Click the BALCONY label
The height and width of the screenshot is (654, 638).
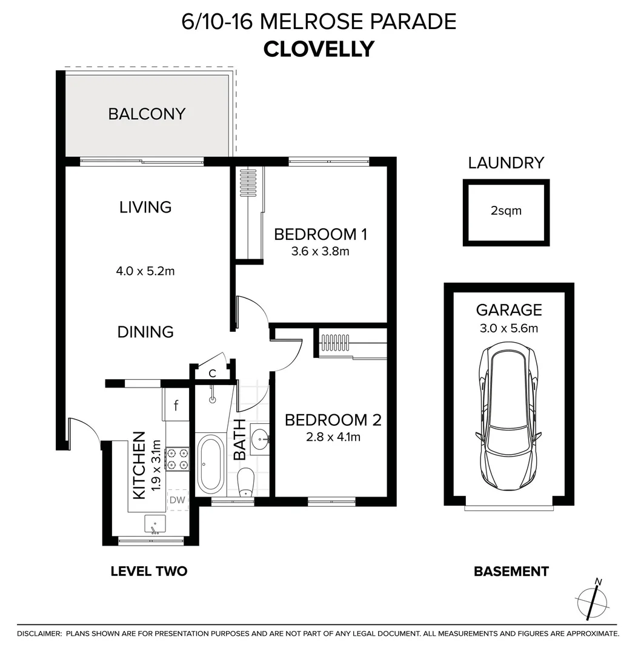[x=147, y=114]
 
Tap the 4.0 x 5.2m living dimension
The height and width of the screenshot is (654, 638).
[x=145, y=271]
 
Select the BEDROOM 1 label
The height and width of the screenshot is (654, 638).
[x=321, y=234]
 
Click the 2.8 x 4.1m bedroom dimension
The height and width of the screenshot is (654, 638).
[x=333, y=436]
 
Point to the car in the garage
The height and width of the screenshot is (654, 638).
[x=508, y=418]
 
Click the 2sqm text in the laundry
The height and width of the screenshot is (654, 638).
[x=506, y=211]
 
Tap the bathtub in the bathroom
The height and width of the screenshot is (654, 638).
[x=210, y=463]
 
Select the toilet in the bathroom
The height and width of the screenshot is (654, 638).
[x=245, y=482]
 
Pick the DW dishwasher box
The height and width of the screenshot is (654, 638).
[x=177, y=500]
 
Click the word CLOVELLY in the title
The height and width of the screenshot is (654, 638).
[x=319, y=48]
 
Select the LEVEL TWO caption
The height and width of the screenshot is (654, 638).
[x=148, y=571]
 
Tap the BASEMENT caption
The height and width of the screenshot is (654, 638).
[x=511, y=571]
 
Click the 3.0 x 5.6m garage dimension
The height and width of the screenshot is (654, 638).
[x=508, y=329]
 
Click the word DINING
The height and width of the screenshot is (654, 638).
[x=145, y=332]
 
